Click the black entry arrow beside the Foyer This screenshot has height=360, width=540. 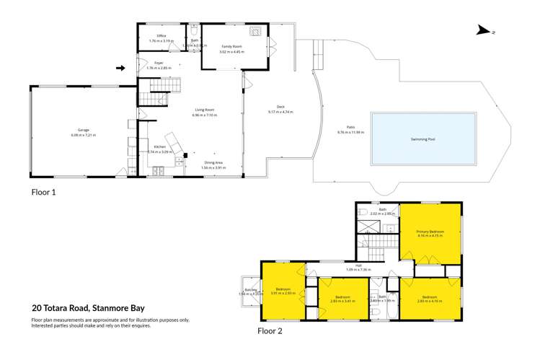[x=120, y=69]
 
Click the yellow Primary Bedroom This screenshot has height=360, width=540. [x=430, y=233]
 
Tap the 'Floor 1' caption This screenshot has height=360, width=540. [x=43, y=193]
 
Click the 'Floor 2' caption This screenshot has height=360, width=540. [x=271, y=331]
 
